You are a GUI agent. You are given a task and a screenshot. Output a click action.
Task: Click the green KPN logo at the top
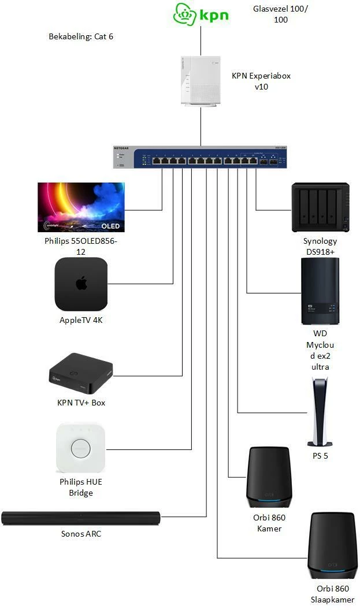(x=201, y=14)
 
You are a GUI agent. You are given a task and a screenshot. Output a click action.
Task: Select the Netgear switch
(x=201, y=158)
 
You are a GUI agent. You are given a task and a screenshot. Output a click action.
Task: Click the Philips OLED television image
(x=81, y=207)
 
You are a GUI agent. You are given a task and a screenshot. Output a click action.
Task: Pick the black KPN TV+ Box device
(x=80, y=371)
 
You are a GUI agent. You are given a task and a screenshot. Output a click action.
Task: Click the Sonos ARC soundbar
(x=80, y=518)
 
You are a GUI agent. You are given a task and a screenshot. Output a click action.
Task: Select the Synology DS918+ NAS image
(x=320, y=208)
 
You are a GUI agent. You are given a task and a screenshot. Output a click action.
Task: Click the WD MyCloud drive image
(x=320, y=292)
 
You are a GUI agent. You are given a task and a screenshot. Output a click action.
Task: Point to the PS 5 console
(x=320, y=412)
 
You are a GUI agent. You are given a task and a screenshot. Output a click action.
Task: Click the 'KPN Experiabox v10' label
(x=262, y=81)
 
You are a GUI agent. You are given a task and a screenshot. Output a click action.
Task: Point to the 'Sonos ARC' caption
(x=81, y=534)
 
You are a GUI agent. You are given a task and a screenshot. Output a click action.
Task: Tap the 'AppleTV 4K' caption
(x=81, y=320)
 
